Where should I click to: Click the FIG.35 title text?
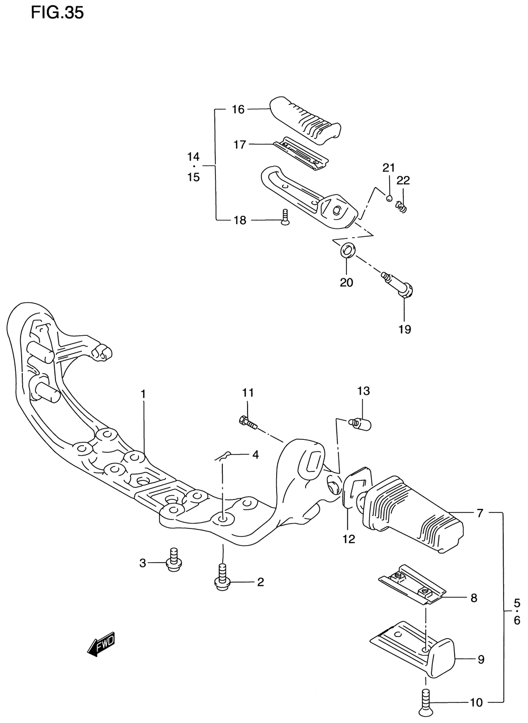point(57,13)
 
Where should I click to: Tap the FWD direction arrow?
point(101,644)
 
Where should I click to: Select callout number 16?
point(238,109)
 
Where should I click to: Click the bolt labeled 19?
point(400,285)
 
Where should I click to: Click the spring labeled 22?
point(402,208)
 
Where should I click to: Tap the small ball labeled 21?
point(389,198)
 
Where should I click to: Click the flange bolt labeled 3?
point(172,560)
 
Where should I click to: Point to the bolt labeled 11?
point(248,422)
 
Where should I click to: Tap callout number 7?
point(480,513)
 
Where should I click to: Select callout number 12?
point(349,538)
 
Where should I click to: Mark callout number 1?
point(143,393)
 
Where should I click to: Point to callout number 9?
point(480,659)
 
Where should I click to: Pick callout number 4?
point(255,454)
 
